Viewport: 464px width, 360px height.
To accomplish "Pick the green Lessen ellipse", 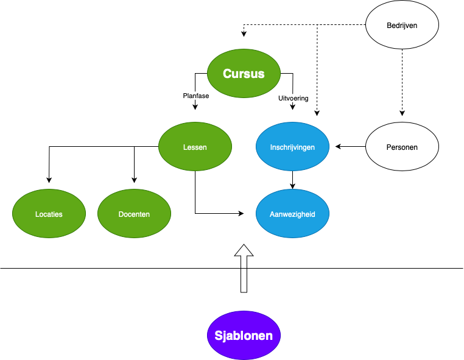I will [x=195, y=160].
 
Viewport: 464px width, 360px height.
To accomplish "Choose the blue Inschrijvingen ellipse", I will [x=292, y=160].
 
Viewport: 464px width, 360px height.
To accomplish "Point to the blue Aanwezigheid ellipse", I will [x=292, y=227].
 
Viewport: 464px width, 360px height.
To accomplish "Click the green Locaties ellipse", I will [x=49, y=227].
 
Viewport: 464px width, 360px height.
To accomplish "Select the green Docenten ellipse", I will [x=134, y=227].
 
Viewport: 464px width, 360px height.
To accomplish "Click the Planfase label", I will [x=196, y=96].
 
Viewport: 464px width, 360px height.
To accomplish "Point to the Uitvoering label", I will [x=293, y=98].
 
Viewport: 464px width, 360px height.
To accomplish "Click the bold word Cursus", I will [x=244, y=74].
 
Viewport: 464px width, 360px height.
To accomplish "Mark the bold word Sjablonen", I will [x=244, y=336].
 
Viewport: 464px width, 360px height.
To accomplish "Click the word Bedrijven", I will [x=402, y=26].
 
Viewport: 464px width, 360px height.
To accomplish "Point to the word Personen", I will [x=402, y=147].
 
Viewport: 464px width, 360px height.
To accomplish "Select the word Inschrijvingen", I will [x=292, y=147].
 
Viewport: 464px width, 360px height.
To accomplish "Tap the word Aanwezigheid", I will [x=292, y=214].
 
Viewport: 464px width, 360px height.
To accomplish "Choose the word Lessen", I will [x=195, y=147].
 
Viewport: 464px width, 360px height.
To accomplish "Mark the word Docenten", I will [x=134, y=214].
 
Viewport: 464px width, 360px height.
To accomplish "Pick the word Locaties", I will [x=49, y=214].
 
